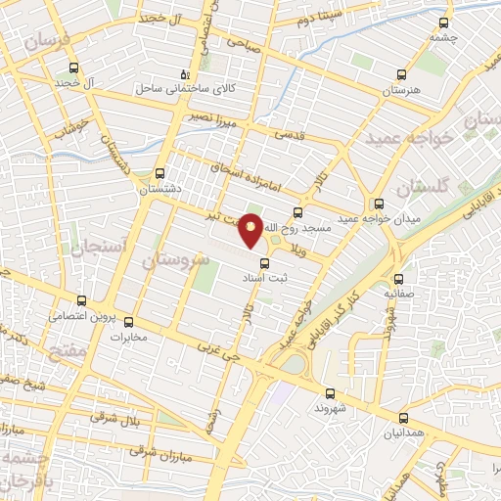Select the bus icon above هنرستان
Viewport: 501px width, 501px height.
tap(400, 74)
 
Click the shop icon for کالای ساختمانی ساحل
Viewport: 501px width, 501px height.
tap(184, 74)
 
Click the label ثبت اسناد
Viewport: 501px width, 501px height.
tap(262, 277)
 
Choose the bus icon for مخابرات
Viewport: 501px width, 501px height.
tap(128, 322)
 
